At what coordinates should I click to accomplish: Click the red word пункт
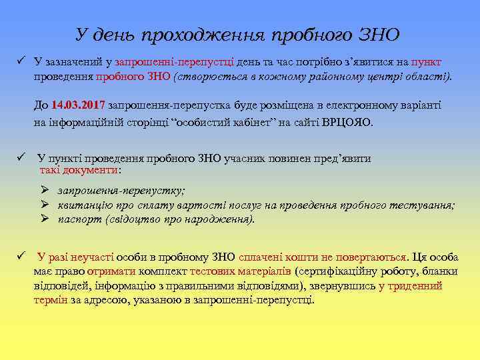[x=426, y=62]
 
